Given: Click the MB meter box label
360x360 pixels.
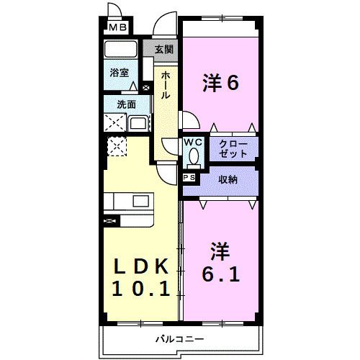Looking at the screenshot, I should pos(117,29).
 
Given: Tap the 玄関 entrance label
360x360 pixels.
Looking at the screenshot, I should pos(164,50).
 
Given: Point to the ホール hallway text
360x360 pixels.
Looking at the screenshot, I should pos(165,84).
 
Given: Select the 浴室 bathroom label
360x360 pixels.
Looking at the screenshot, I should pos(120,73).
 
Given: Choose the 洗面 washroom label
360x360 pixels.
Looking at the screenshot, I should pos(127,104).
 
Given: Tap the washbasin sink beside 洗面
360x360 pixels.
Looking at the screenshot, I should pos(138,123).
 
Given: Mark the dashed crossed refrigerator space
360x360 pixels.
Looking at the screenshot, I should pos(117,148).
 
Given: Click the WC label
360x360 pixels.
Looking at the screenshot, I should pos(193,143).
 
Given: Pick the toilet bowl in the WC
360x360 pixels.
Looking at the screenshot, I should pos(193,158).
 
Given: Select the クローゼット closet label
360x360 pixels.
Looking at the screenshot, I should pos(234,149).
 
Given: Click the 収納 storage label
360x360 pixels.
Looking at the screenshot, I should pos(228,179).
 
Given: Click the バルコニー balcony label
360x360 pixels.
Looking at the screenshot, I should pos(179,338).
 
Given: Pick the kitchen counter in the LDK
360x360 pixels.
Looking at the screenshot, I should pos(129,201).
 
